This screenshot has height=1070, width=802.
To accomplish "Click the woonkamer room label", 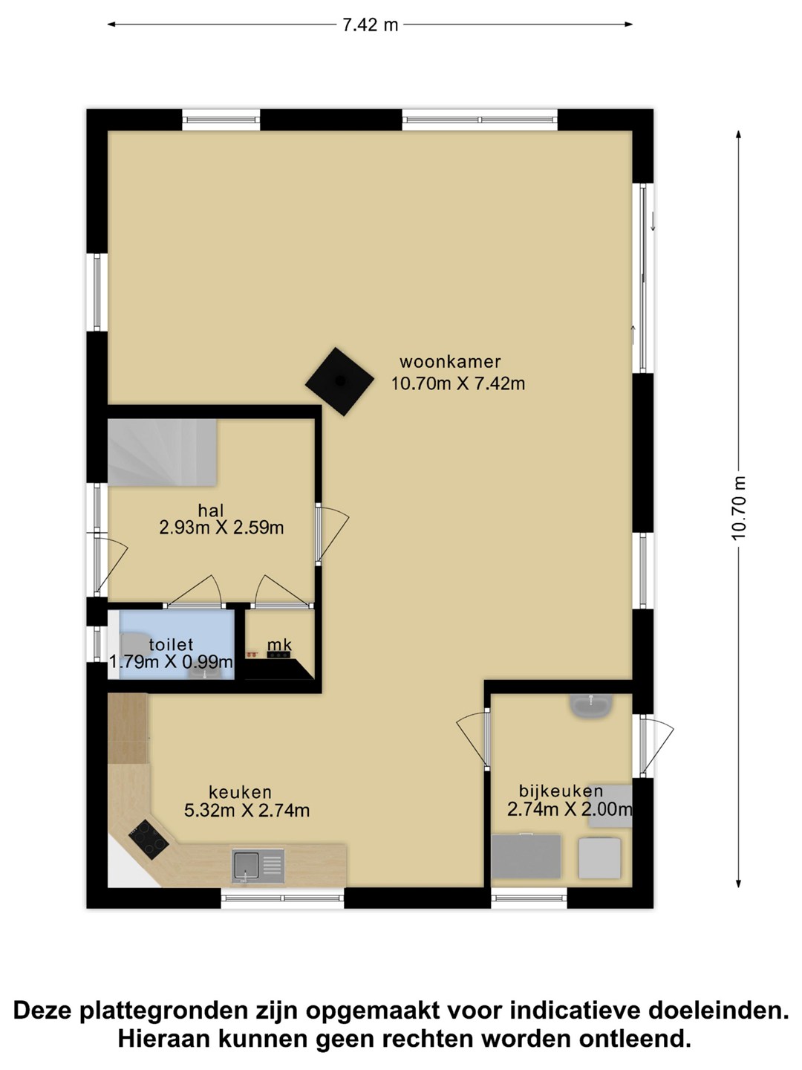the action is pos(450,362).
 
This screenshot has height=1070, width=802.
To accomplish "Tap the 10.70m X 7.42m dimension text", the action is pos(458,384).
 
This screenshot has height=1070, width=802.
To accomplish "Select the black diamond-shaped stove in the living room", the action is pos(339,381).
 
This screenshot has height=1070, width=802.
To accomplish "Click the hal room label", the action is pos(211,510).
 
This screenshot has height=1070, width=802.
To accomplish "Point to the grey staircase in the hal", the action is pos(162,453).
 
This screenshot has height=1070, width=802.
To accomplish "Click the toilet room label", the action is pos(172,645).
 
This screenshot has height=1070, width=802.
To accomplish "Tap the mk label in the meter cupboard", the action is pos(279,645).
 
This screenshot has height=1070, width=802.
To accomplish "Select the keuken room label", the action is pos(240,791).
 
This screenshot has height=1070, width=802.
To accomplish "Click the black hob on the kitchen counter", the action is pos(149,840).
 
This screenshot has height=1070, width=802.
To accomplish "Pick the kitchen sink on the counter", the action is pos(258,866).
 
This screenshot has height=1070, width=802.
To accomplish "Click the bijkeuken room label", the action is pos(561,791).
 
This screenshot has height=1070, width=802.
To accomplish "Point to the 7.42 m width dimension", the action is pos(370,25).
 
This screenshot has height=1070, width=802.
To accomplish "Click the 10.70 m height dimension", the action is pos(739,508).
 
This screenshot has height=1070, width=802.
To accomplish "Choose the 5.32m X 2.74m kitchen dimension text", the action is pos(247,810).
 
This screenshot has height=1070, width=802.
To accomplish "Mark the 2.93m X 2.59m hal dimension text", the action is pos(221,528).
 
